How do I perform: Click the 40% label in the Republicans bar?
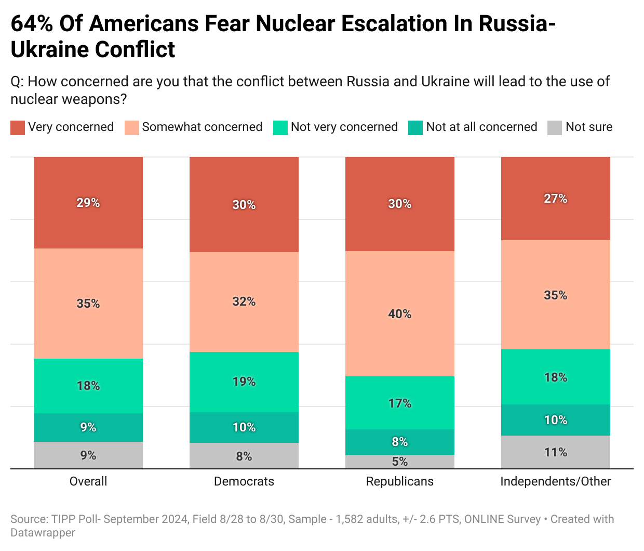[x=399, y=314]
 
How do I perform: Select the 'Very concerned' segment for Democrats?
[x=244, y=204]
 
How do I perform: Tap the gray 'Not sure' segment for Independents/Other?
[x=555, y=452]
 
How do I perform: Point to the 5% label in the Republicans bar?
[x=399, y=462]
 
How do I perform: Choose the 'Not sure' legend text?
[x=588, y=127]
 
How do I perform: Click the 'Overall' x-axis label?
[x=88, y=481]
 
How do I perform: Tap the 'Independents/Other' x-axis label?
[x=555, y=481]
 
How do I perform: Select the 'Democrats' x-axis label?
[x=244, y=481]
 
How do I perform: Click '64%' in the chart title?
[x=32, y=24]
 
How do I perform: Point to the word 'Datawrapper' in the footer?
[x=43, y=533]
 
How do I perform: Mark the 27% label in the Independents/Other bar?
[x=555, y=199]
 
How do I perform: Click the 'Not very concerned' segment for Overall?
[x=88, y=386]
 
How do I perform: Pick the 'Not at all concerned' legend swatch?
[x=415, y=127]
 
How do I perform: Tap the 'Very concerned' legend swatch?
[x=18, y=127]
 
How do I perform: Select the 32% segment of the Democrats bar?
[x=244, y=301]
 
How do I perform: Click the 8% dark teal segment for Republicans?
[x=399, y=442]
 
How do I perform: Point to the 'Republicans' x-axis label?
[x=399, y=481]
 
